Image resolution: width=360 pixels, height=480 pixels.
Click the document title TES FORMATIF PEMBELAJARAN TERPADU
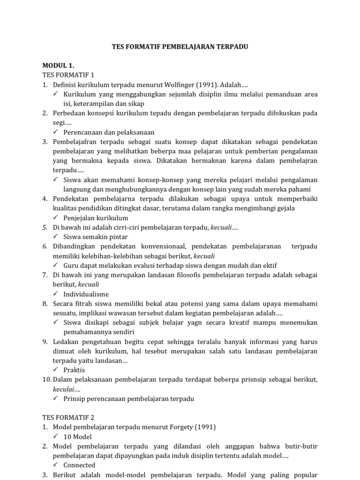coord(180,47)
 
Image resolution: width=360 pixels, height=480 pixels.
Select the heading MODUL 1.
coord(59,65)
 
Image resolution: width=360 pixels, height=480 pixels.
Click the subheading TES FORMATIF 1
coord(68,75)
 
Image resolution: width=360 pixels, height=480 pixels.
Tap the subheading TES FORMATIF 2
coord(68,417)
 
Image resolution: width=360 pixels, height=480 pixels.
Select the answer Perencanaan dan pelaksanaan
coord(109,133)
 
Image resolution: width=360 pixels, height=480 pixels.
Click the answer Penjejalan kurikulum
coord(96,218)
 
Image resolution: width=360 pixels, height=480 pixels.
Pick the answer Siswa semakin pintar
coord(96,237)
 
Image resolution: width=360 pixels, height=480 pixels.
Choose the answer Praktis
coord(74,370)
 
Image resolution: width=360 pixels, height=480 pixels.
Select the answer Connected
coord(79,465)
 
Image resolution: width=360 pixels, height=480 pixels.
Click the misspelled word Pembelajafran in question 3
coord(74,142)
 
